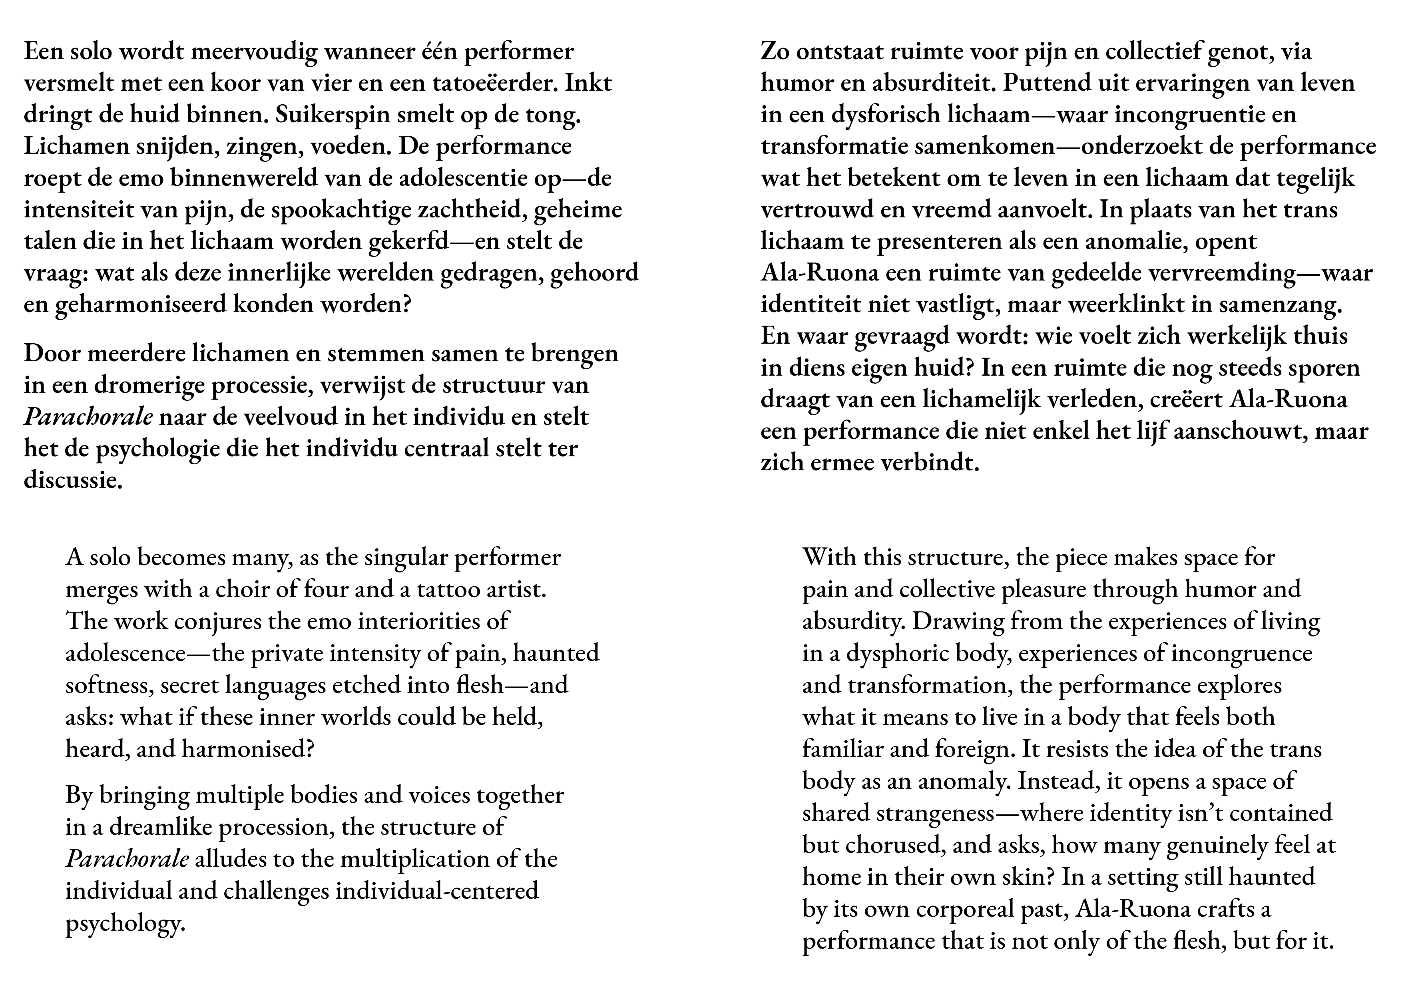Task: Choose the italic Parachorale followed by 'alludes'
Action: click(127, 859)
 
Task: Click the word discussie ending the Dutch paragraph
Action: click(73, 481)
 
